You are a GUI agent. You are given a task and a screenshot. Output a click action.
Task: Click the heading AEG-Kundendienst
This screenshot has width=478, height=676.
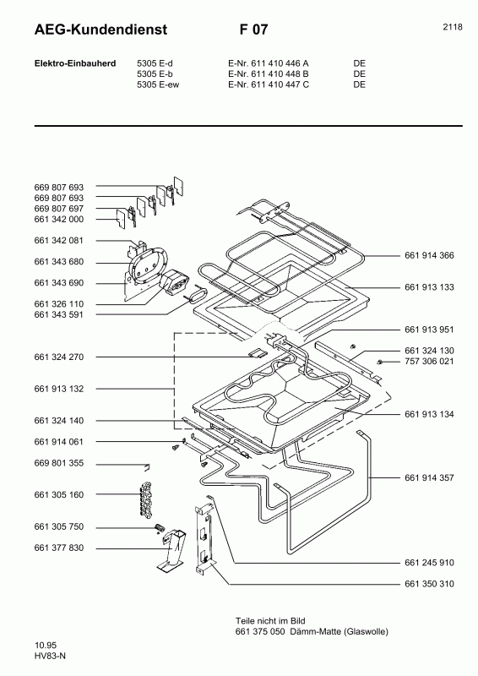tap(100, 30)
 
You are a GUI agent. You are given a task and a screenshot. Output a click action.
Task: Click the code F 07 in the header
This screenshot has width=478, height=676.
tap(253, 30)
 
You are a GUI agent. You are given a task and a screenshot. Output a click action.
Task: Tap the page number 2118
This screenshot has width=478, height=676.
tap(452, 27)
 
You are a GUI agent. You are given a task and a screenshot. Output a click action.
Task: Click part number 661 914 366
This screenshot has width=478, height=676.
tap(429, 256)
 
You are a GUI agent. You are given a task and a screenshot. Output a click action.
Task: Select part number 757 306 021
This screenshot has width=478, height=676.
tap(429, 362)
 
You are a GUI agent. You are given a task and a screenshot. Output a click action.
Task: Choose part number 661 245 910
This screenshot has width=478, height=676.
tap(429, 562)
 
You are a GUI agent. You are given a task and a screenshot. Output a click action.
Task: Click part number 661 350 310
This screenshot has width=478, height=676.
tap(429, 584)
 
